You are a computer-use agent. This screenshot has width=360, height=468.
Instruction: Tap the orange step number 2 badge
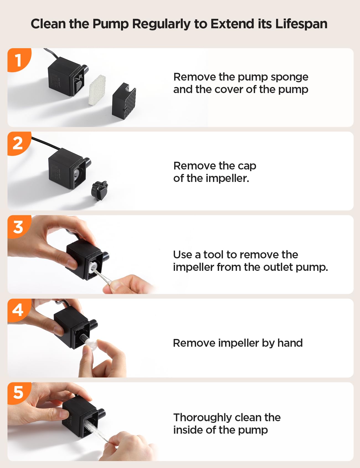pos(18,143)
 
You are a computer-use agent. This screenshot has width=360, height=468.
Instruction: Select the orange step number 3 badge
pos(18,227)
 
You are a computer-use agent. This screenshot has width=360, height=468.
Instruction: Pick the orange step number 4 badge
pos(18,310)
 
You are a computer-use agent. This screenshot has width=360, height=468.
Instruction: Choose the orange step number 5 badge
pos(18,393)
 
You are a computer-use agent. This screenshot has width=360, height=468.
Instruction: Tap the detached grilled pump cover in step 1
pos(124,101)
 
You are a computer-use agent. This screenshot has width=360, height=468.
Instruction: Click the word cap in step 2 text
pos(247,166)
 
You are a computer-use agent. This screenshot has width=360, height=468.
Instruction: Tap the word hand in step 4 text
pos(290,343)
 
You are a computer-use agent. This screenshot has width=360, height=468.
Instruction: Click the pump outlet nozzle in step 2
pos(87,162)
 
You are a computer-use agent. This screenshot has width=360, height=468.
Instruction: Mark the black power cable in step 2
pos(46,143)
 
